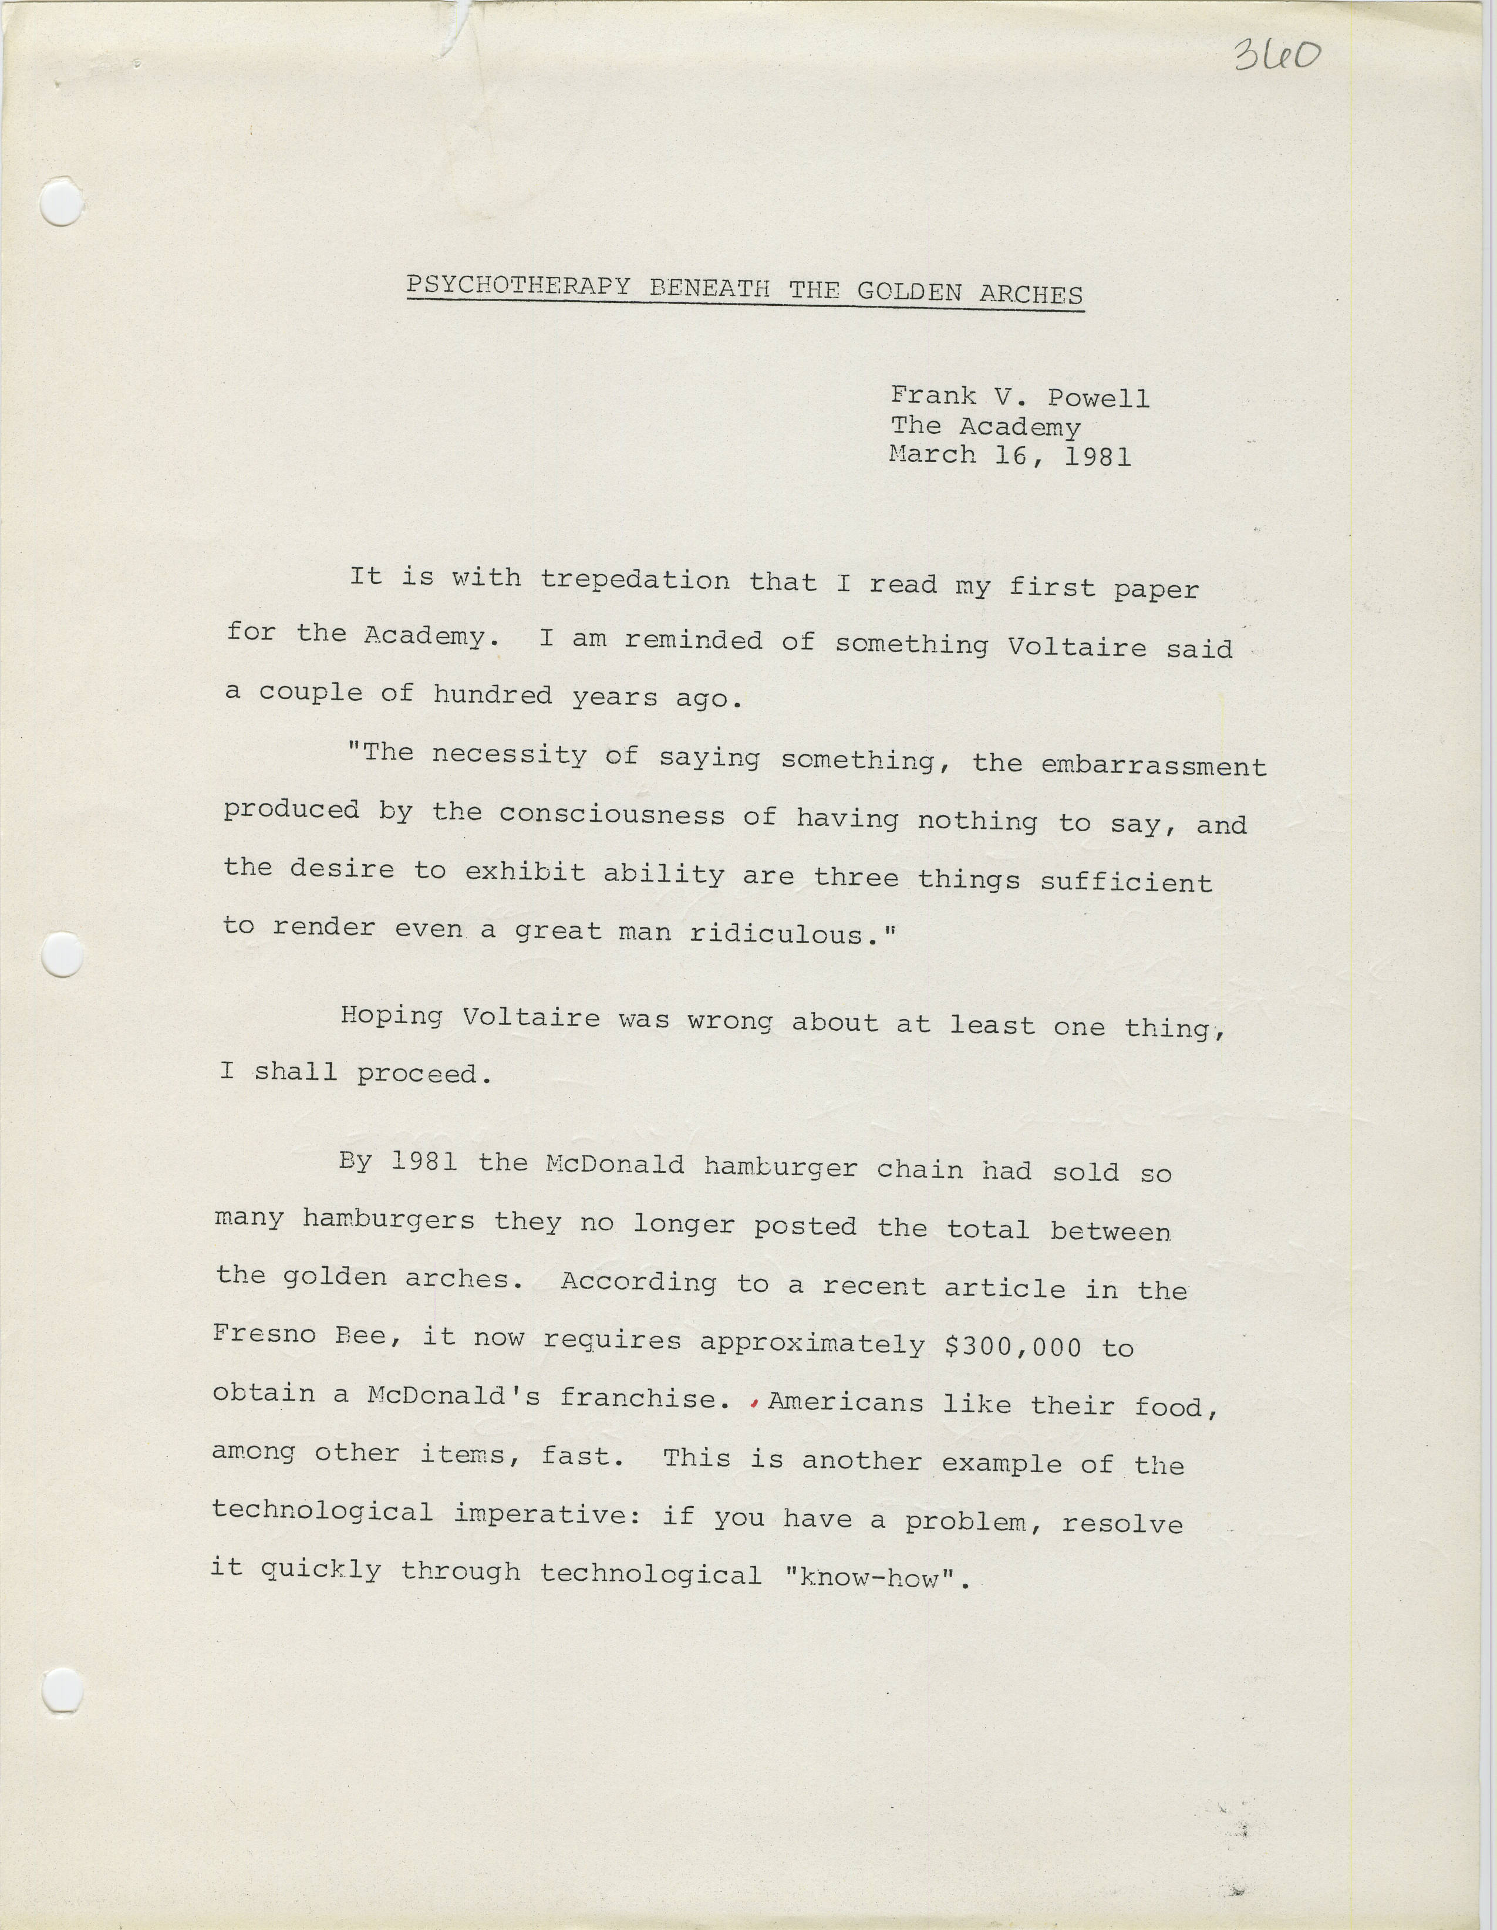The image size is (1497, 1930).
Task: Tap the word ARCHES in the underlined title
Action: (1030, 294)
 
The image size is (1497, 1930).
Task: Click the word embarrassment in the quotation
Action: (1154, 765)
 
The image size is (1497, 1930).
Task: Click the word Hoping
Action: (392, 1016)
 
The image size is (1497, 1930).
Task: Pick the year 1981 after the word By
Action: (423, 1161)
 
